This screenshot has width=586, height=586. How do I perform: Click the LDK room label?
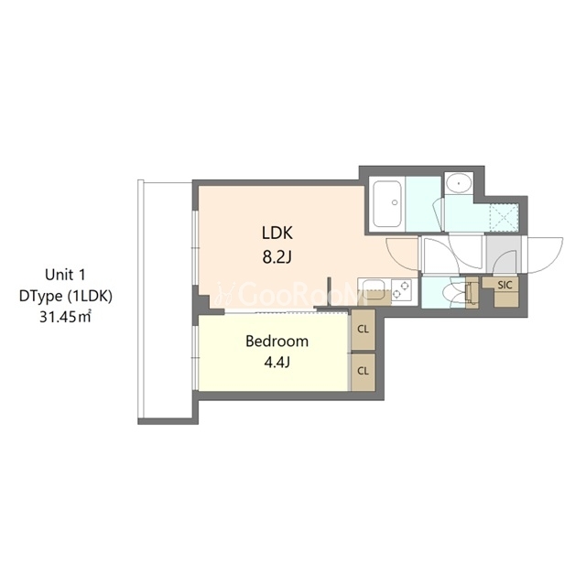[x=277, y=233]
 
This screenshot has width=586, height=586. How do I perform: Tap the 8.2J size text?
[x=277, y=257]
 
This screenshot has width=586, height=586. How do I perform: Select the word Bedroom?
[x=277, y=342]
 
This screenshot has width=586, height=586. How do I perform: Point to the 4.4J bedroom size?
[x=277, y=363]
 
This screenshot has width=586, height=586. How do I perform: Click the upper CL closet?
[x=364, y=330]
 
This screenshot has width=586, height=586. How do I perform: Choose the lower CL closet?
[x=364, y=372]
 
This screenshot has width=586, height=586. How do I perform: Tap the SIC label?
[x=505, y=285]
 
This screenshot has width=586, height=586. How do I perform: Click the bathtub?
[x=387, y=204]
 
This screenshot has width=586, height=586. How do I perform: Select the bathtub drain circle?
[x=395, y=202]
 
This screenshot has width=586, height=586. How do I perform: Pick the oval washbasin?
[x=458, y=183]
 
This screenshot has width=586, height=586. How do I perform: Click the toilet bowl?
[x=454, y=292]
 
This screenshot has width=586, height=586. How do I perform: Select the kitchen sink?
[x=374, y=290]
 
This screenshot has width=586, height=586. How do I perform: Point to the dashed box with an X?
[x=504, y=217]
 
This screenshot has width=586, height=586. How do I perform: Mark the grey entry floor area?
[x=504, y=255]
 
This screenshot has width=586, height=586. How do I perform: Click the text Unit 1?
[x=65, y=275]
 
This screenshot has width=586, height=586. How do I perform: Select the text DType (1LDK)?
[x=65, y=296]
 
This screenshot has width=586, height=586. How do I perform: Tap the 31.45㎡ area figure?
[x=65, y=317]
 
